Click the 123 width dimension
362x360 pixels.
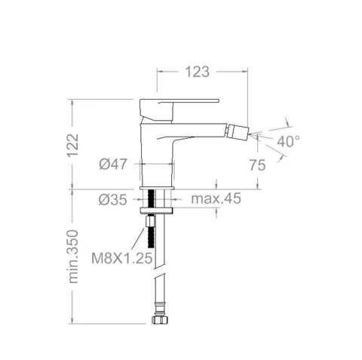tap(197, 72)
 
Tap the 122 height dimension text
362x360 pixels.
tap(73, 146)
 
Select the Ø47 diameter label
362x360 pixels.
tap(113, 165)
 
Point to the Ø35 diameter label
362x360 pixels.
tap(112, 200)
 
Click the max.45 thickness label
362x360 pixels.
tap(216, 198)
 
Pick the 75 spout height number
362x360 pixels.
tap(257, 165)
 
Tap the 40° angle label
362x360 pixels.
tap(288, 141)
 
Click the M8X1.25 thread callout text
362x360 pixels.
tap(122, 258)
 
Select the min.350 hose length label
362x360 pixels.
tap(73, 257)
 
